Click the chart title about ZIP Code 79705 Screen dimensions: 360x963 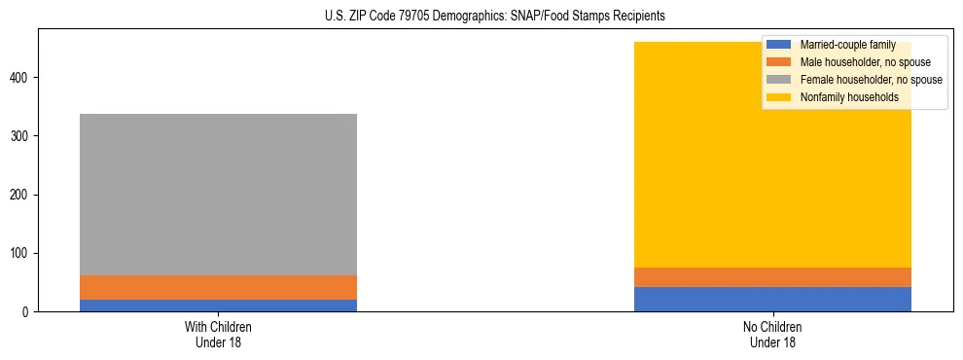click(481, 17)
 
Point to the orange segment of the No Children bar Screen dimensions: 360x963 click(772, 277)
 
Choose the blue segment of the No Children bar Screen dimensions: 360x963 click(772, 299)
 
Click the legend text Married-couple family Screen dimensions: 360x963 click(847, 45)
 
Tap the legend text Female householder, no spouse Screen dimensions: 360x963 click(871, 80)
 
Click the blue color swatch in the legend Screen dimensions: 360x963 click(779, 45)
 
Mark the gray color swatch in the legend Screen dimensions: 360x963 click(779, 80)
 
